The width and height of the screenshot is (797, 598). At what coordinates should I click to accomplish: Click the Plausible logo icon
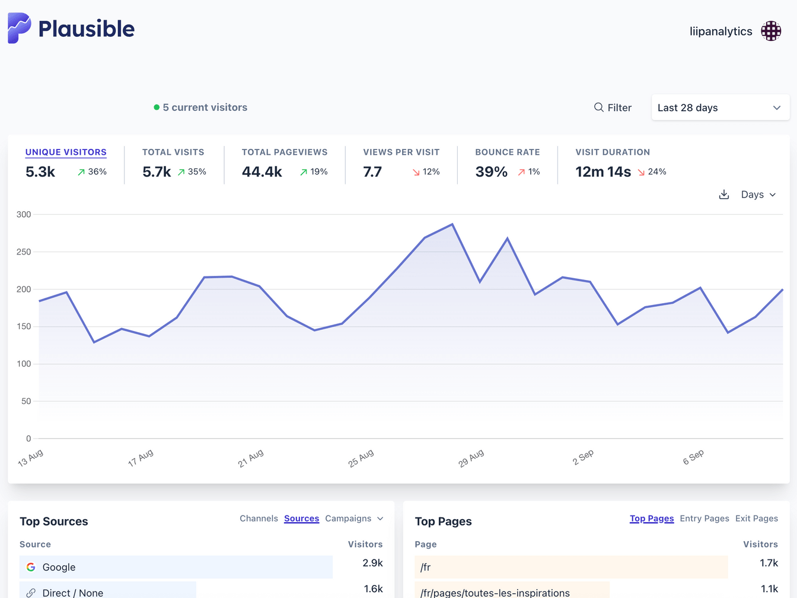(x=19, y=28)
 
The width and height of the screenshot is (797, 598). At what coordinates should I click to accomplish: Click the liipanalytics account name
(x=721, y=31)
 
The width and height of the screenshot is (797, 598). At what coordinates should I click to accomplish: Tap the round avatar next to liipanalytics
(x=771, y=31)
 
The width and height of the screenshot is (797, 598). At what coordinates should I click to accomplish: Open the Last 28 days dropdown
(x=720, y=107)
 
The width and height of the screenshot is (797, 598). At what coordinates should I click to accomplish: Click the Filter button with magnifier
(x=613, y=107)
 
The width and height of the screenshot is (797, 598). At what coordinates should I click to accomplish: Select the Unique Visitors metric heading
(x=66, y=152)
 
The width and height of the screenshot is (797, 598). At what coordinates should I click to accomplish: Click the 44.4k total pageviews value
(x=262, y=172)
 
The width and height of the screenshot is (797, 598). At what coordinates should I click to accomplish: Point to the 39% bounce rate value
(x=491, y=172)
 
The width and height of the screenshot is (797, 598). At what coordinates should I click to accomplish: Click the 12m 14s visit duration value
(x=602, y=172)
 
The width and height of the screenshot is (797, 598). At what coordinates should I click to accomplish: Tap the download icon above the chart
(x=723, y=195)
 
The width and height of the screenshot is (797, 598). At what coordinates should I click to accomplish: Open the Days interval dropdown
(x=758, y=195)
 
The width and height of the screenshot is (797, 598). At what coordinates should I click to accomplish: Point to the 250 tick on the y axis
(x=24, y=252)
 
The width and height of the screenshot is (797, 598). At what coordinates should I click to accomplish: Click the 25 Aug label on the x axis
(x=361, y=458)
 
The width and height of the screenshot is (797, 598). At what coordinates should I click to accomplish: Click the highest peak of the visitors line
(x=452, y=224)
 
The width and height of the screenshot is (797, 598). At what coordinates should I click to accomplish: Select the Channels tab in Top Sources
(x=259, y=519)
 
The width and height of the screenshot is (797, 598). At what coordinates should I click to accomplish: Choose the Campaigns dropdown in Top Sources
(x=353, y=519)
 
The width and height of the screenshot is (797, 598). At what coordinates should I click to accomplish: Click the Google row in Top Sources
(x=176, y=567)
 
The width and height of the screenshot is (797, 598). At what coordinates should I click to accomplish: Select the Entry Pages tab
(x=704, y=519)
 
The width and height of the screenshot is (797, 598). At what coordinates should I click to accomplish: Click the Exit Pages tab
(x=756, y=519)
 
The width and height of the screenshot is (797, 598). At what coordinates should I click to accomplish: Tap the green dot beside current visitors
(x=157, y=107)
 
